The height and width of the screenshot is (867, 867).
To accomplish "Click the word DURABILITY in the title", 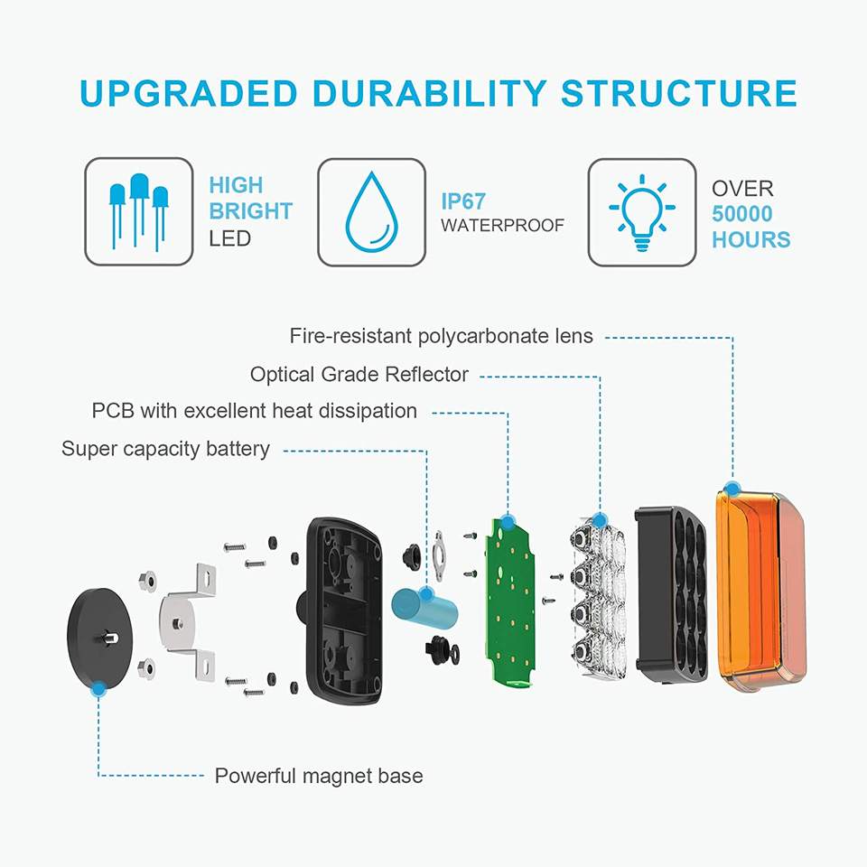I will (422, 94).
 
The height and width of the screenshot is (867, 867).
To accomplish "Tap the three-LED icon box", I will (139, 212).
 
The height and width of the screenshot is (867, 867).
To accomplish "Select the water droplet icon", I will (371, 210).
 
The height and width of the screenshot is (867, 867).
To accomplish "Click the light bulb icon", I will (641, 212).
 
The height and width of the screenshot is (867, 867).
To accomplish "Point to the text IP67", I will (462, 200).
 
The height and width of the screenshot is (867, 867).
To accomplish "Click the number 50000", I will (742, 214).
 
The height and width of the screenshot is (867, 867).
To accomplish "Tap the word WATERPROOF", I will (502, 226).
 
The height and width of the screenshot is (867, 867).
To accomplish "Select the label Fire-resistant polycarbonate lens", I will (442, 336).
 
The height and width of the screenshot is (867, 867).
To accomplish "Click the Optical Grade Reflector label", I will (359, 374).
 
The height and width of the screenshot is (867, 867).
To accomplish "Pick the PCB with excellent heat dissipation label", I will (255, 411).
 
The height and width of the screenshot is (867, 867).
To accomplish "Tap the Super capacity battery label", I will (165, 449).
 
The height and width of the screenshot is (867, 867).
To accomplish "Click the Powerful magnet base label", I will (318, 776).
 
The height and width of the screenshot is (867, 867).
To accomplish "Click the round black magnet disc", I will (99, 637).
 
